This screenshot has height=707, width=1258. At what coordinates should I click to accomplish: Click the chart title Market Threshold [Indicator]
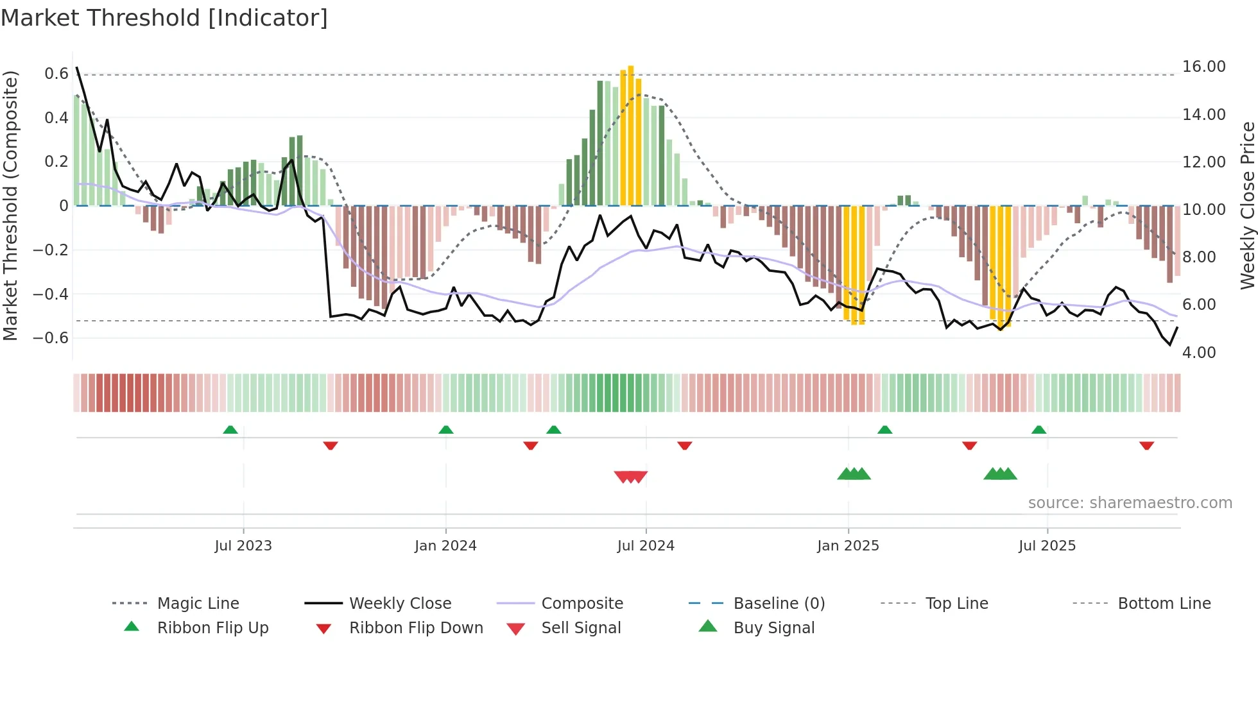[164, 18]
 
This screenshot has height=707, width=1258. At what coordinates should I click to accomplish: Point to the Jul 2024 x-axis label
[646, 545]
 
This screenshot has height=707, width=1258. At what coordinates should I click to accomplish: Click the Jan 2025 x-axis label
[848, 545]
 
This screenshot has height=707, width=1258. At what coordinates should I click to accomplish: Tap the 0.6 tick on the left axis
[56, 74]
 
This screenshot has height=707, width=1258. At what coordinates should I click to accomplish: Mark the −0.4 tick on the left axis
[51, 294]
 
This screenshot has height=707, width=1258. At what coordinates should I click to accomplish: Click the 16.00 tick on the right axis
[1203, 67]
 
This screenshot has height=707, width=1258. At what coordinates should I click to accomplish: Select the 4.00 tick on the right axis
[1198, 352]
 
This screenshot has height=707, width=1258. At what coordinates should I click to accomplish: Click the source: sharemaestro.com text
[1130, 502]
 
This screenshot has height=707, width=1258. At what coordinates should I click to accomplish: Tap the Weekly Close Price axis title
[1247, 205]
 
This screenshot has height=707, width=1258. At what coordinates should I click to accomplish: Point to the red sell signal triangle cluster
[631, 477]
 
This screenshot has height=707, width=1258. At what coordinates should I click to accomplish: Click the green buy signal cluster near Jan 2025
[854, 474]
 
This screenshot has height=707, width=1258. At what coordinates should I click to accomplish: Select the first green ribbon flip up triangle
[230, 429]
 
